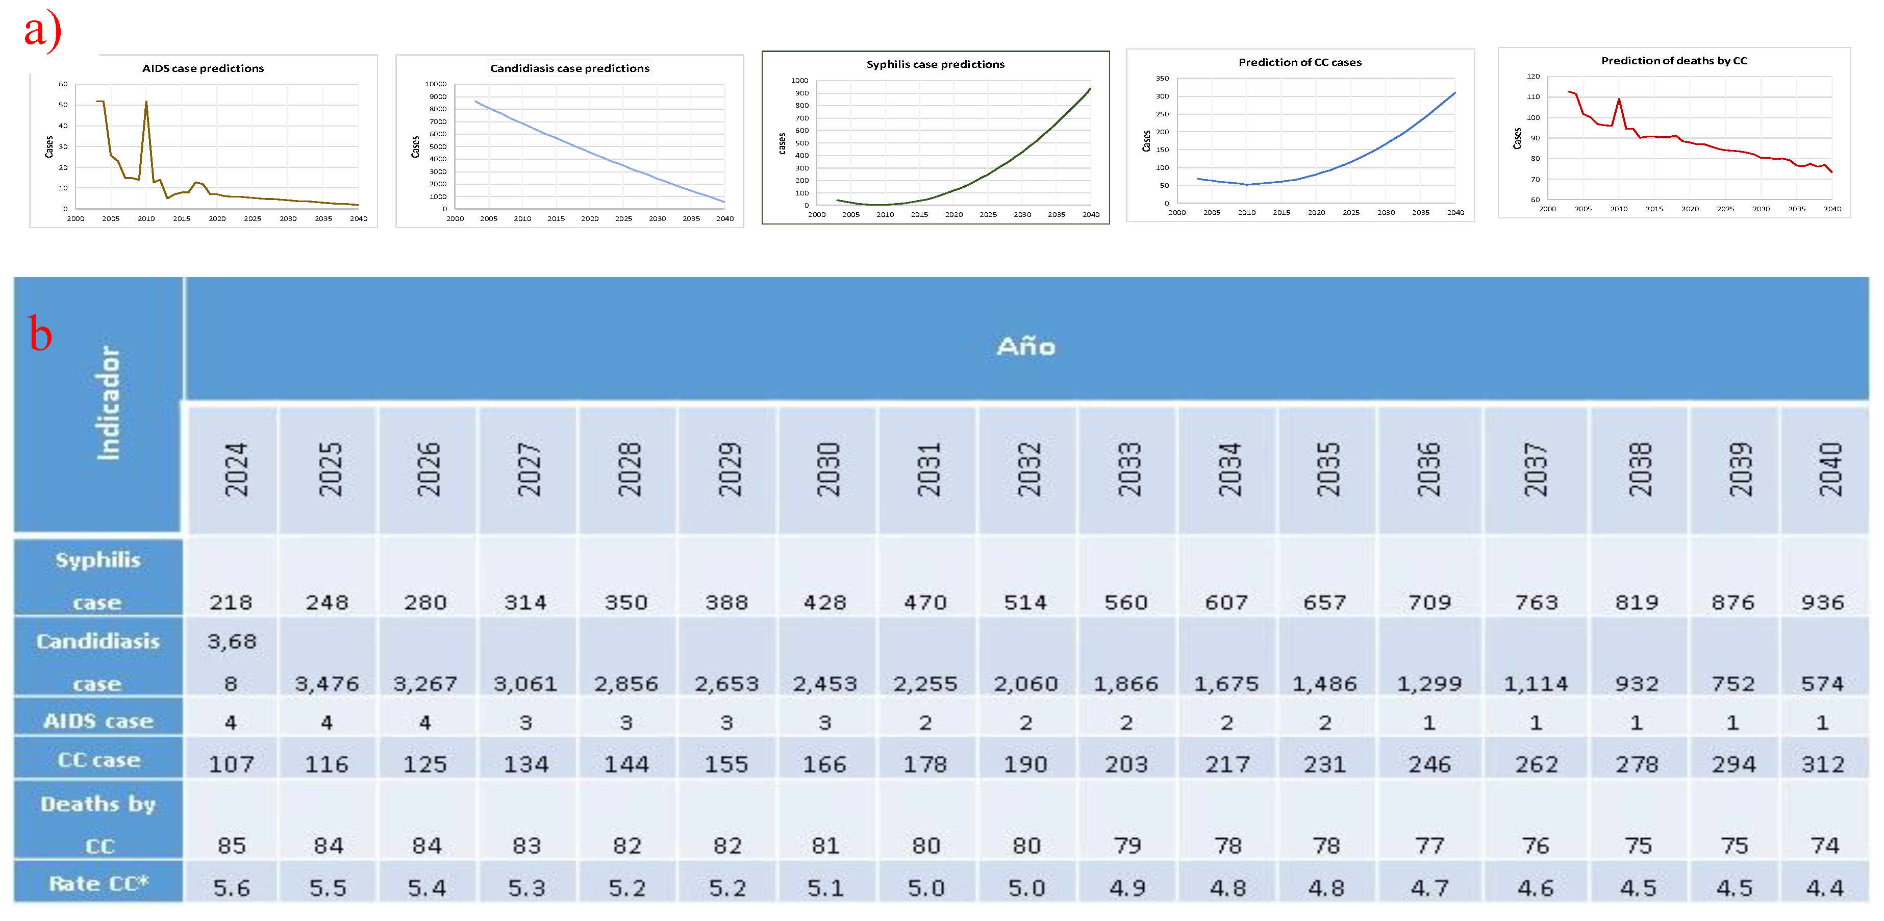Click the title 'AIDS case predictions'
tap(203, 68)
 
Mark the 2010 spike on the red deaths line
tap(1619, 99)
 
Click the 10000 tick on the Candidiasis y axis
tap(436, 84)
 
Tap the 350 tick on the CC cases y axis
tap(1162, 78)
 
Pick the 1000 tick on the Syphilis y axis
tap(799, 81)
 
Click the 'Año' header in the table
tap(1025, 346)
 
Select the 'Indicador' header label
tap(108, 403)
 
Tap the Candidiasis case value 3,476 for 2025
tap(327, 683)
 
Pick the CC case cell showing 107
tap(231, 764)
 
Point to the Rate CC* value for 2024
tap(231, 887)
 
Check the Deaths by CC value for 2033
tap(1126, 845)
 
